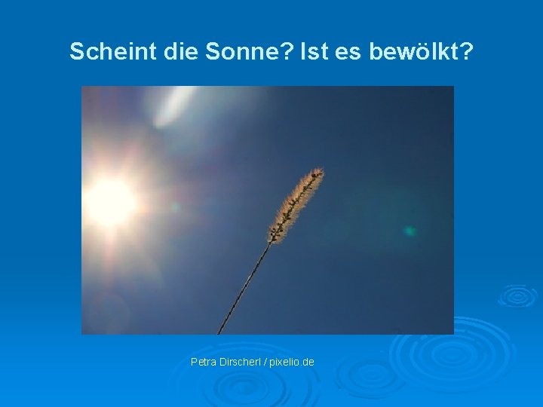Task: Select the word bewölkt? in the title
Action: [x=422, y=51]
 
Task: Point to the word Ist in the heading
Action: [x=315, y=51]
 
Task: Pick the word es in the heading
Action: [x=351, y=51]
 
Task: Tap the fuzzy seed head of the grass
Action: [x=296, y=203]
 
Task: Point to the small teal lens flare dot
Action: [x=410, y=231]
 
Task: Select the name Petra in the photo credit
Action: [x=204, y=363]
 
